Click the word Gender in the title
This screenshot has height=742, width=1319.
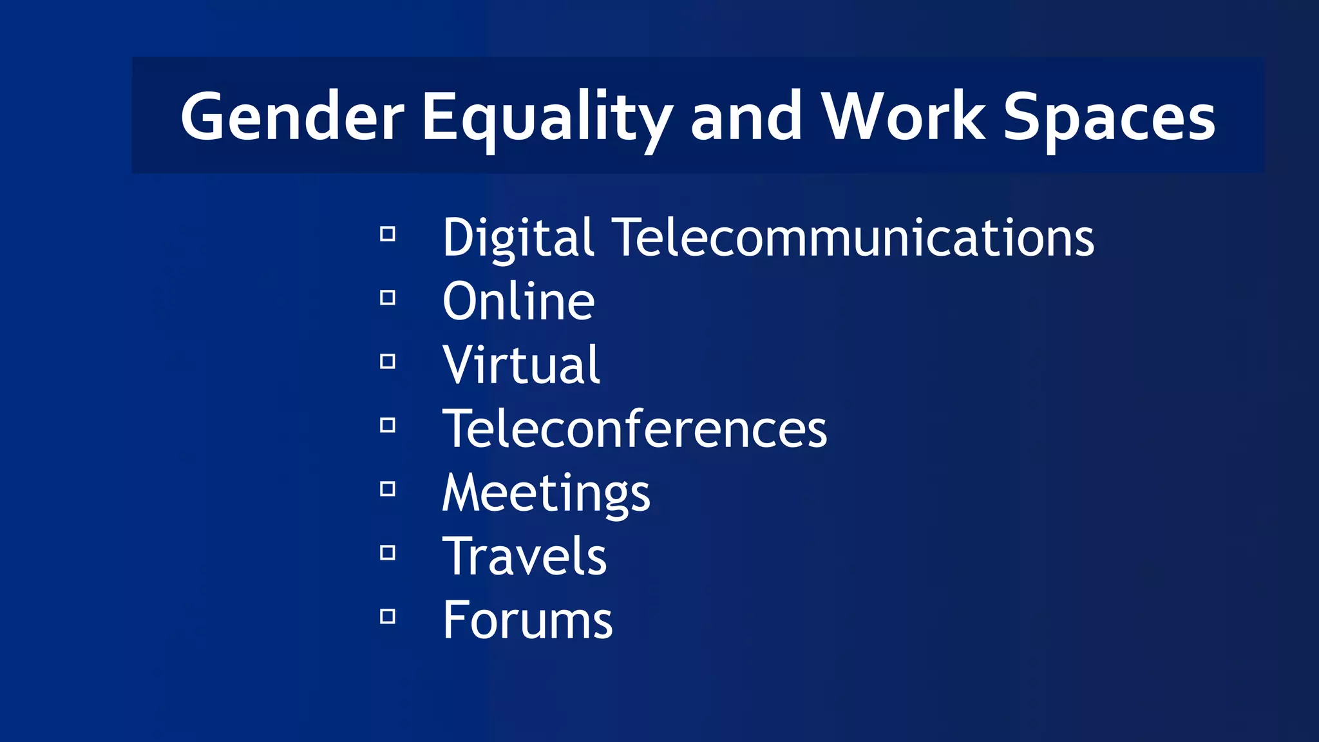pyautogui.click(x=292, y=117)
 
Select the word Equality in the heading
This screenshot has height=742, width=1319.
pyautogui.click(x=547, y=117)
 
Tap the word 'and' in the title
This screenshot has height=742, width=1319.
pyautogui.click(x=746, y=117)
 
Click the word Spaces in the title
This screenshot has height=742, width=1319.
pyautogui.click(x=1109, y=117)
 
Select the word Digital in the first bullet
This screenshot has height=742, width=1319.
pyautogui.click(x=518, y=238)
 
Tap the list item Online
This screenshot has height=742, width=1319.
pyautogui.click(x=518, y=301)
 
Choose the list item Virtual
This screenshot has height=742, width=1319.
pyautogui.click(x=521, y=365)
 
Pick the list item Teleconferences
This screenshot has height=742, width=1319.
pyautogui.click(x=634, y=429)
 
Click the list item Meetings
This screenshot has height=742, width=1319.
pyautogui.click(x=546, y=493)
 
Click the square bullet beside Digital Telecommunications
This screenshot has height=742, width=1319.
pyautogui.click(x=388, y=234)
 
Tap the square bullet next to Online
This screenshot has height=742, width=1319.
pyautogui.click(x=388, y=298)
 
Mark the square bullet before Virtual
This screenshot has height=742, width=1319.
pyautogui.click(x=388, y=361)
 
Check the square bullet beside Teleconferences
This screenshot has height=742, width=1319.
pyautogui.click(x=388, y=425)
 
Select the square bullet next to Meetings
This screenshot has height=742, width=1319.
pyautogui.click(x=388, y=489)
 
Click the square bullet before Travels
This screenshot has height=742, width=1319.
pyautogui.click(x=388, y=553)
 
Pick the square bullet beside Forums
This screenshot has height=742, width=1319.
pyautogui.click(x=388, y=616)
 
